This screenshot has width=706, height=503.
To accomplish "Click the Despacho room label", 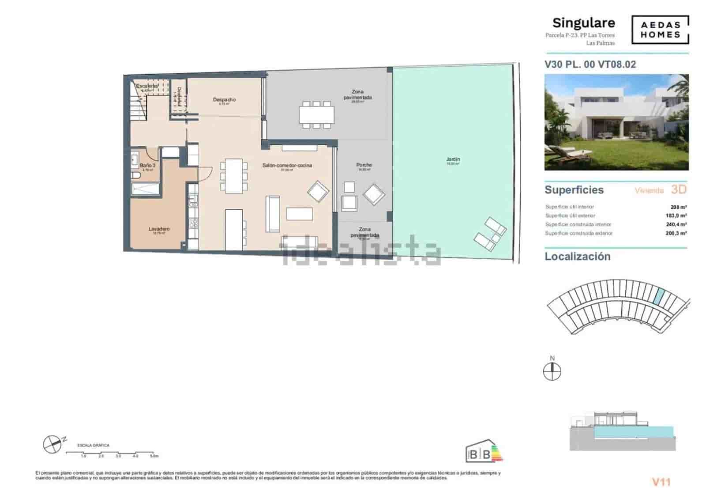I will [224, 100].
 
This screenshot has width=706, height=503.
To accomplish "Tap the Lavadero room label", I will [159, 229].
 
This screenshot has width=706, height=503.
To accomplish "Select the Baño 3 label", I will [147, 165].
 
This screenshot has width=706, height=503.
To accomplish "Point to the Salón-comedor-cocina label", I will [287, 165].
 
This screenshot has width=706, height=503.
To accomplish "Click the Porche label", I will [364, 165].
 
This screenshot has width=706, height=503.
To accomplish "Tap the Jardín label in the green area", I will [453, 159].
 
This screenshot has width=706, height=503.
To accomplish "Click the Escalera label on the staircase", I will [146, 86].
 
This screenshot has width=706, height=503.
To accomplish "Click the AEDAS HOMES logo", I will [660, 30].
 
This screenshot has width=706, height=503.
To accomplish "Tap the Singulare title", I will [583, 23].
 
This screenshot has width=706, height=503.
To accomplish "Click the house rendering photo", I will [616, 122].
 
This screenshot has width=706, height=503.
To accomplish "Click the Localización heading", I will [577, 257].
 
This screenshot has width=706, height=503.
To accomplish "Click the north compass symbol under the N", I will [552, 372].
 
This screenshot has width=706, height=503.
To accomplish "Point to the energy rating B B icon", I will [484, 451].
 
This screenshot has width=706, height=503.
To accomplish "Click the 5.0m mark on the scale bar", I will [154, 456].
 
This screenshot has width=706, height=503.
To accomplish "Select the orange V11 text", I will [661, 482].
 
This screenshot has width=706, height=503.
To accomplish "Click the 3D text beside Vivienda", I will [679, 189].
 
